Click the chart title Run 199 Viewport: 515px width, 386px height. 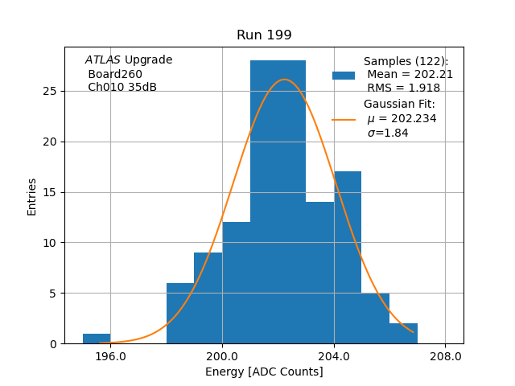click(x=264, y=35)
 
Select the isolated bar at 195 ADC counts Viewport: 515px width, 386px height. click(x=97, y=339)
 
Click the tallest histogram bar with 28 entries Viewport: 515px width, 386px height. click(x=278, y=201)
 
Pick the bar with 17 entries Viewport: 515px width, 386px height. click(x=348, y=257)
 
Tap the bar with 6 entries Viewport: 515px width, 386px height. click(x=180, y=314)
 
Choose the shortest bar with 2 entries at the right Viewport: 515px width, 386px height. click(x=403, y=334)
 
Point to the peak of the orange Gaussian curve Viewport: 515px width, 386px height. click(x=284, y=80)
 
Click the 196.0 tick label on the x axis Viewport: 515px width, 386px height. click(x=110, y=355)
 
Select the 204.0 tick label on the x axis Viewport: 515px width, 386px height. click(x=334, y=355)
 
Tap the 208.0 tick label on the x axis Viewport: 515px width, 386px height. click(x=446, y=355)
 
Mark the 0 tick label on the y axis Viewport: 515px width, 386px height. click(x=52, y=344)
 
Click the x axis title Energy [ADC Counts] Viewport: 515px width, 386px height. click(x=264, y=372)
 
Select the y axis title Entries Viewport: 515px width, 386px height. click(x=32, y=196)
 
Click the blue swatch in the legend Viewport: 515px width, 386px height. click(x=344, y=76)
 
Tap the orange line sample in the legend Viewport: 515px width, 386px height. click(x=344, y=120)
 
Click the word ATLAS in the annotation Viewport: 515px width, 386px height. click(x=102, y=60)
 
